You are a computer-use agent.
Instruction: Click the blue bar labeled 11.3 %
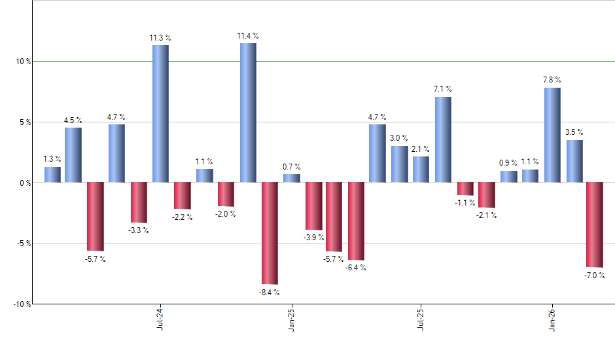tap(160, 113)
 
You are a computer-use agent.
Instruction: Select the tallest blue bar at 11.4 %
tap(248, 113)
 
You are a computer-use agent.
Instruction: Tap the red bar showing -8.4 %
tap(270, 233)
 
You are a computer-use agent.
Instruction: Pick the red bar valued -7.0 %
tap(595, 225)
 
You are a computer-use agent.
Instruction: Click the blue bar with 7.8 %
tap(552, 135)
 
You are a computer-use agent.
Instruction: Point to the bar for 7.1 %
tap(443, 139)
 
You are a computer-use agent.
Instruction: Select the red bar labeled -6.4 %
tap(356, 221)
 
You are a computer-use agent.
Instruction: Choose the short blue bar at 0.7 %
tap(292, 178)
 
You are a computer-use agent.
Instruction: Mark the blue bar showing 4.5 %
tap(73, 155)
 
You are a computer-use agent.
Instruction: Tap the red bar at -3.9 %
tap(314, 206)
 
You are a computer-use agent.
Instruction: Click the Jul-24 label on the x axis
tap(160, 319)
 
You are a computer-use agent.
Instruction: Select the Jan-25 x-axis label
tap(291, 319)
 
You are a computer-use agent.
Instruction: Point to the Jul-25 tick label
tap(421, 319)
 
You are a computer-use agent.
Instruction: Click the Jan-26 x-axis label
tap(552, 319)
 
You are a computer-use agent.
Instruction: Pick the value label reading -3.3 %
tap(139, 230)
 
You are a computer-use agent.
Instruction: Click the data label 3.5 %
tap(574, 132)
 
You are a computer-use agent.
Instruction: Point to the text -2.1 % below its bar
tap(487, 215)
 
